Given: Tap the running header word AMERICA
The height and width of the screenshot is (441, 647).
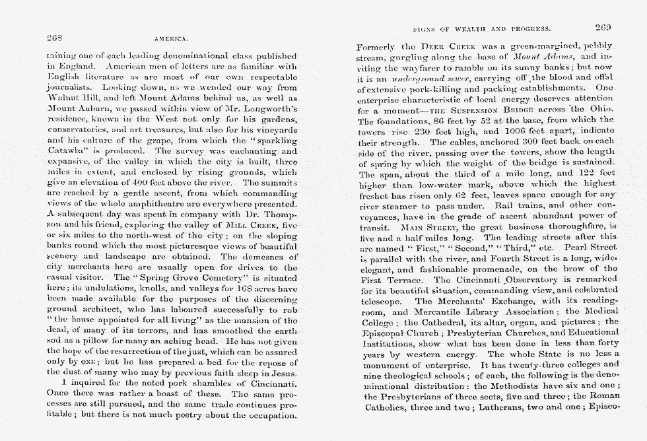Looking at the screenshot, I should coord(172,39).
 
